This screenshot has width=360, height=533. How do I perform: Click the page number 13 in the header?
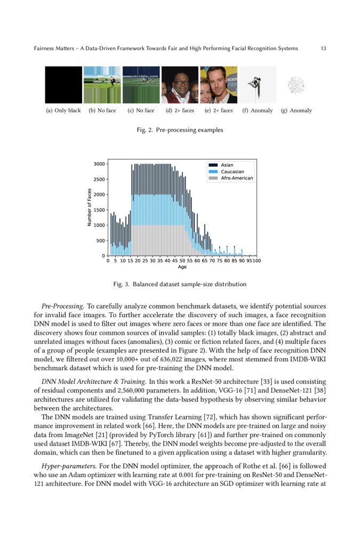point(323,49)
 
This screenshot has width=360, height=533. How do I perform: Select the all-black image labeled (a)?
point(63,85)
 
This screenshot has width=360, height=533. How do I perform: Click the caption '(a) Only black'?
point(63,111)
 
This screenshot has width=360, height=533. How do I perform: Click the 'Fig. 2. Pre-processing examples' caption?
point(180,130)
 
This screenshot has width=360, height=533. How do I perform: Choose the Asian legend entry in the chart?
point(227,165)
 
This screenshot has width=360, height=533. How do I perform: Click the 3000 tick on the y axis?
point(99,164)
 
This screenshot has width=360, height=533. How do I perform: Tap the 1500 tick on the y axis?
point(99,210)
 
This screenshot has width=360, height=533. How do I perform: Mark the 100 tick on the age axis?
point(257,261)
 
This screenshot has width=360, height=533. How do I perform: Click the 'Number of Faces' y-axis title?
point(89,208)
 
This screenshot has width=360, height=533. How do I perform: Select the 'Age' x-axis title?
point(182,267)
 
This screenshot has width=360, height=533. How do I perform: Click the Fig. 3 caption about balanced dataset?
point(180,285)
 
